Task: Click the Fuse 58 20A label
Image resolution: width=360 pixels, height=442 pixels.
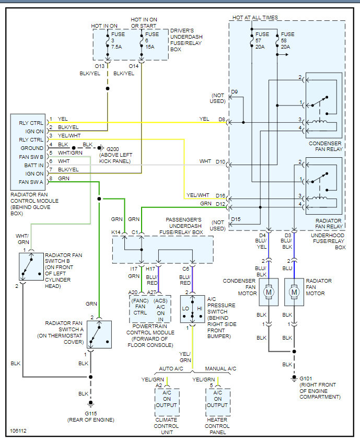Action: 287,40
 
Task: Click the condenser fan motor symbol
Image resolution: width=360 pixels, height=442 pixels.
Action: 269,293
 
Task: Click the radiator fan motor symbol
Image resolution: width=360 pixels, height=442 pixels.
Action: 294,293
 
